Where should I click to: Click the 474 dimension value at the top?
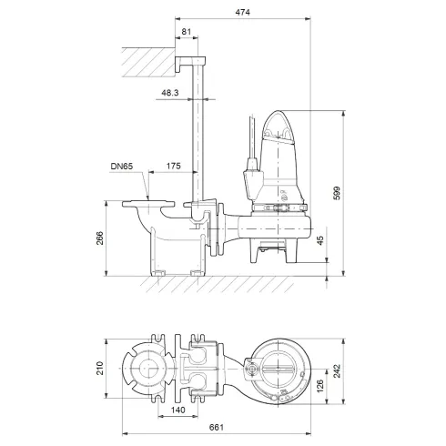point(240,12)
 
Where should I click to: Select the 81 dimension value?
point(187,33)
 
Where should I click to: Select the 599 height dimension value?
point(336,195)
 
